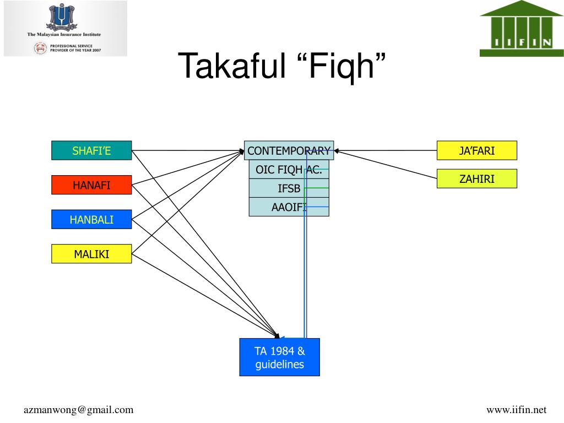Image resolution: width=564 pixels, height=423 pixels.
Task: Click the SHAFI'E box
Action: [91, 150]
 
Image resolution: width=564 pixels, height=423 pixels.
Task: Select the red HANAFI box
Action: [91, 185]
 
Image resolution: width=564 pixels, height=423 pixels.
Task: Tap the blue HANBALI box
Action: [91, 220]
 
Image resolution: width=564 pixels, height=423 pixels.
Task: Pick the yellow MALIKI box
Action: [91, 254]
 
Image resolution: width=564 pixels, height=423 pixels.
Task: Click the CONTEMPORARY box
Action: [289, 150]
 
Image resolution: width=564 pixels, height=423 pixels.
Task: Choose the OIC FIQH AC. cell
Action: [289, 170]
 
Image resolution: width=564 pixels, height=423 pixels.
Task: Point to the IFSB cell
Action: [289, 188]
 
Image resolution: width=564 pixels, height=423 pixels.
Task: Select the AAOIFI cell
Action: [289, 207]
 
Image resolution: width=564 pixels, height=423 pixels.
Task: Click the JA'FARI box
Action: [477, 150]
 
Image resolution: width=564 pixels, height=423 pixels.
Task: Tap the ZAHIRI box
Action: [477, 178]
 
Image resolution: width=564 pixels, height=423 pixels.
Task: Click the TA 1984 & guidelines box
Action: [279, 357]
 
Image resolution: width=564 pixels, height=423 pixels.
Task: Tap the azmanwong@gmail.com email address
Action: [78, 410]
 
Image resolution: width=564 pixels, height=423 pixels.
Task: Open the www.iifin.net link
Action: [516, 410]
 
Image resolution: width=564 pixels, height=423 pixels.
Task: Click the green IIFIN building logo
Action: [522, 29]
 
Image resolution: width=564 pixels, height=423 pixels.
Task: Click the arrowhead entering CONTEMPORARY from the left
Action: [242, 150]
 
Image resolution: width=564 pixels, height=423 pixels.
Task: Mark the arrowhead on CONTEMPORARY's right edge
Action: [337, 150]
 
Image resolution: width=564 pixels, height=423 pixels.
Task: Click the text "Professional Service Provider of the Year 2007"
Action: [75, 48]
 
